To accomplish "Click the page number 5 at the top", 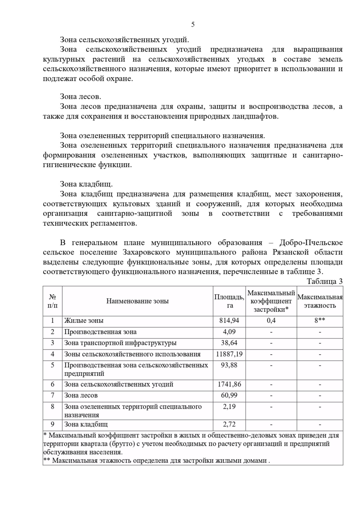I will click(x=193, y=25).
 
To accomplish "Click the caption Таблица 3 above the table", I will click(x=324, y=281).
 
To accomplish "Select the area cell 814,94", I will click(x=229, y=320).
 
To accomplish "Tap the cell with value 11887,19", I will click(x=229, y=354).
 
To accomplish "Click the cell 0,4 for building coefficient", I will click(x=271, y=320).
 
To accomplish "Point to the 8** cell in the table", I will click(x=320, y=320).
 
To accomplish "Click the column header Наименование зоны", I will click(x=137, y=301).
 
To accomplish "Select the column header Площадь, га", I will click(x=229, y=301).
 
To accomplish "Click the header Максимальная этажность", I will click(x=320, y=301).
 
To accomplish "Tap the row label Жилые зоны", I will click(x=84, y=320).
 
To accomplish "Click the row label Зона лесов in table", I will click(x=81, y=395).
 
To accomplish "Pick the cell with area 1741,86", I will click(x=229, y=384).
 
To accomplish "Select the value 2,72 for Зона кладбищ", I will click(x=229, y=424).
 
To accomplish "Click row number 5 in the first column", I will click(x=52, y=365).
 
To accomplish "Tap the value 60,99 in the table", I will click(x=229, y=395).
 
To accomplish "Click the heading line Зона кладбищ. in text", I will click(x=86, y=184).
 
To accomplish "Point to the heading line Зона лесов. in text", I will click(x=80, y=97).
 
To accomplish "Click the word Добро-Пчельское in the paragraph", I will click(x=311, y=243).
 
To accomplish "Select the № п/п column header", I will click(x=52, y=301).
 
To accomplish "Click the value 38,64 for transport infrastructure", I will click(x=229, y=343).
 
